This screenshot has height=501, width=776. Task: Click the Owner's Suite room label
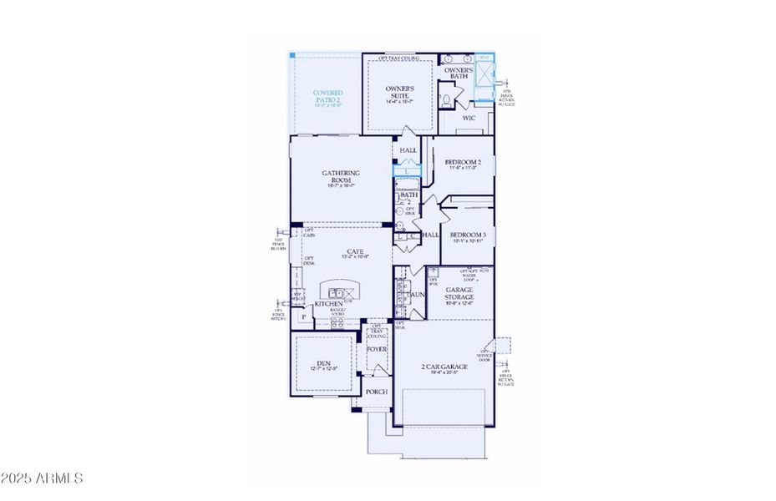[400, 90]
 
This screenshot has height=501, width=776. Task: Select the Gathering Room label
[341, 177]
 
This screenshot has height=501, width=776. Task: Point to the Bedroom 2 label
[461, 163]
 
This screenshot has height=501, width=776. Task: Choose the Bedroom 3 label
[467, 236]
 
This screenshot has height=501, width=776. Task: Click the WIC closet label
[469, 119]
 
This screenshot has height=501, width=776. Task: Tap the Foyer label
[377, 348]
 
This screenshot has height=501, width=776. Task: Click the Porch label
[377, 391]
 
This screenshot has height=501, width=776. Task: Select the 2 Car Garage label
[444, 367]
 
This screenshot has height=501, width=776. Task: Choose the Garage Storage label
[459, 293]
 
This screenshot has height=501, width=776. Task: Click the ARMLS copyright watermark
[43, 478]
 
